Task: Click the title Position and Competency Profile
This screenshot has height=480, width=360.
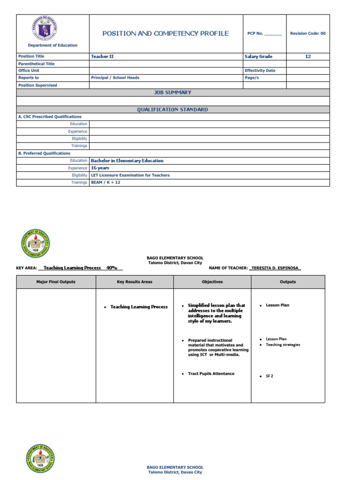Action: [x=165, y=33]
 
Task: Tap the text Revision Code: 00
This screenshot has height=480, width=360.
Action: [x=307, y=34]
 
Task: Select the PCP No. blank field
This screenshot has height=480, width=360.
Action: [x=273, y=34]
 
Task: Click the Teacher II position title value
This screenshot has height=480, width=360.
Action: [x=102, y=56]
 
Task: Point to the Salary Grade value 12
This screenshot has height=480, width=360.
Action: [x=307, y=56]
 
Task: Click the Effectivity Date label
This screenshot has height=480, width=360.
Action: [x=260, y=71]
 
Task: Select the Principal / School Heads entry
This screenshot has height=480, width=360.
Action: [x=115, y=78]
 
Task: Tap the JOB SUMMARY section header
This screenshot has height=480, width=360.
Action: [x=172, y=93]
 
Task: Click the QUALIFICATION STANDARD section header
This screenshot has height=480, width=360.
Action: [x=172, y=110]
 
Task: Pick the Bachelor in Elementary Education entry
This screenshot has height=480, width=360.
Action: [x=127, y=161]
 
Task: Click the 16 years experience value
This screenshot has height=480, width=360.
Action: [x=100, y=168]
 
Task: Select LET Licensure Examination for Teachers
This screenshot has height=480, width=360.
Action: [x=130, y=175]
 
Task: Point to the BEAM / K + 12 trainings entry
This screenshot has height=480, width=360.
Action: [x=105, y=182]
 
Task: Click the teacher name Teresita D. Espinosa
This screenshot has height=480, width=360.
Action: [x=275, y=268]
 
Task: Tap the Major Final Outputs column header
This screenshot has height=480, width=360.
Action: [x=56, y=282]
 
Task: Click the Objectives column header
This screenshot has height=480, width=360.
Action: [x=212, y=282]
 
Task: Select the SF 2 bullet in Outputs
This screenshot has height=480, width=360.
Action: [x=270, y=376]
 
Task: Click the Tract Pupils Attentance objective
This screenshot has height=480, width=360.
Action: [x=211, y=374]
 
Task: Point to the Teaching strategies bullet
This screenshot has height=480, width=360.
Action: [x=283, y=345]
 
